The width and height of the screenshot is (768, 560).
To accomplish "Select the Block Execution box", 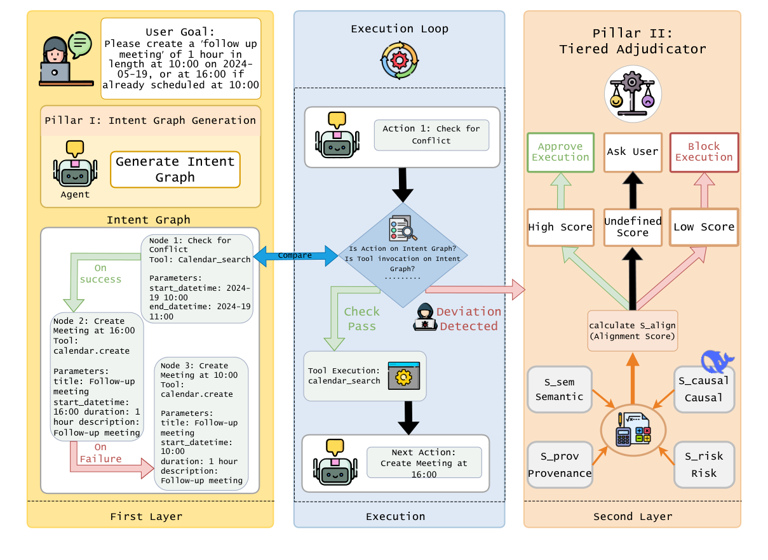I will point(704,152).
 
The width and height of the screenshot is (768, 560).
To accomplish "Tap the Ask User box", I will point(632,152).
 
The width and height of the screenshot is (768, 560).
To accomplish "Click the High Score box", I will point(560,227).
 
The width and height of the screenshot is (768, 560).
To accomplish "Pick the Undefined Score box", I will point(633,227).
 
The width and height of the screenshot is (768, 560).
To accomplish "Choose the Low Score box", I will point(704,227).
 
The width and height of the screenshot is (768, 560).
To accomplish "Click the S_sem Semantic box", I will point(560,389).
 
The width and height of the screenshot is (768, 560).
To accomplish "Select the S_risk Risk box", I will point(704,465).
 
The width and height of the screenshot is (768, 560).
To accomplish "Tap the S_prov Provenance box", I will point(560,465).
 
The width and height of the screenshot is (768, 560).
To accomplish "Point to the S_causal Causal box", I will point(704,389).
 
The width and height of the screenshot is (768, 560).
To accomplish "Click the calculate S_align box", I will point(633,330).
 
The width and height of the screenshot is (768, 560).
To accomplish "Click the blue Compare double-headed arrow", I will point(295,256).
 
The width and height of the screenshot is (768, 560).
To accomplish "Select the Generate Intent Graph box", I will point(175,170).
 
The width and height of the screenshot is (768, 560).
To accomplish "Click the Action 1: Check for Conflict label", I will point(431,135).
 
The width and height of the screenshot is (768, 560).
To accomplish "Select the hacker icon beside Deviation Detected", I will point(424,316).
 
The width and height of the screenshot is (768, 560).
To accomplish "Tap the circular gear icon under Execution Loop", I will point(400,60).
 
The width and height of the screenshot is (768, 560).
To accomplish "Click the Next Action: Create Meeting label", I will point(424,463).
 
